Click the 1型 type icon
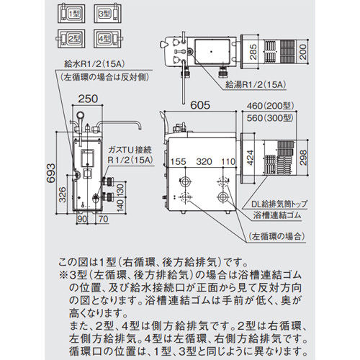pos(71,13)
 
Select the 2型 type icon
pos(71,38)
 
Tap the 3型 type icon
pos(107,13)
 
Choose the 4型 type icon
pos(108,38)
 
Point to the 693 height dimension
pos(51,174)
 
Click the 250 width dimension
pos(88,99)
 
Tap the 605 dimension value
pos(200,105)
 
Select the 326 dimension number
pos(63,194)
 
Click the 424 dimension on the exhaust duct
pos(250,158)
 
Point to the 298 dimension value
pos(303,158)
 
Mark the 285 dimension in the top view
pos(253,52)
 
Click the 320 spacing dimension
pos(204,161)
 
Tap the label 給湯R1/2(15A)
pos(256,84)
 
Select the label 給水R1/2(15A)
pos(94,64)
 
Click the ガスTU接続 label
pos(130,150)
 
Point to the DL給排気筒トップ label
pos(279,204)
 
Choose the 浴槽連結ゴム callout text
pos(277,215)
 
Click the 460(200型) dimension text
pos(271,105)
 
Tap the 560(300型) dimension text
pos(271,118)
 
